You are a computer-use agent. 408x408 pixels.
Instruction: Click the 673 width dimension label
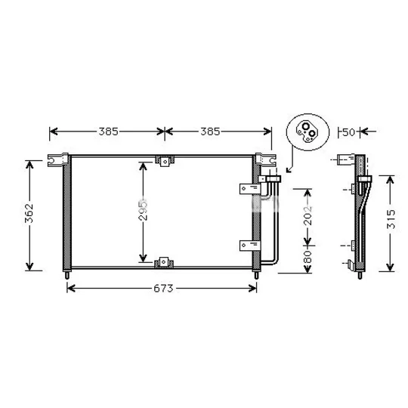[163, 289]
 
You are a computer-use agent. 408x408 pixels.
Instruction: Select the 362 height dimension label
[29, 213]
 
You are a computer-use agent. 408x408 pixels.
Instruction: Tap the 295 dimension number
[143, 210]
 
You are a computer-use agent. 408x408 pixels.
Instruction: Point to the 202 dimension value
[308, 215]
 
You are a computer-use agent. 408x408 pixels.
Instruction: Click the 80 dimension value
[308, 257]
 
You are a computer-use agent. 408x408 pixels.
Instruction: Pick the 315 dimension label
[391, 219]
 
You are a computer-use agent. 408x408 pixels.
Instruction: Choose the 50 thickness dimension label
[348, 132]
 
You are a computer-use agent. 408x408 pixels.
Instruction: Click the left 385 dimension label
[109, 131]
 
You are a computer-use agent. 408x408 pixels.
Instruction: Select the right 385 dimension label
[210, 131]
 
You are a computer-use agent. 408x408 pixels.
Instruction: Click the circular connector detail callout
[308, 132]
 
